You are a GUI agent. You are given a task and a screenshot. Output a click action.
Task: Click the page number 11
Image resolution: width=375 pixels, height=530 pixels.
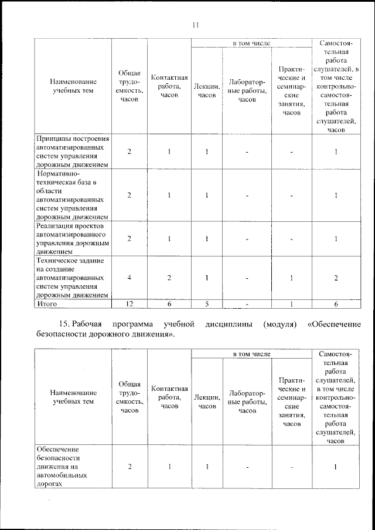[196, 25]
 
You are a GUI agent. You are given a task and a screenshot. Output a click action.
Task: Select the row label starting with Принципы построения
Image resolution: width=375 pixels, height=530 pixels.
[72, 152]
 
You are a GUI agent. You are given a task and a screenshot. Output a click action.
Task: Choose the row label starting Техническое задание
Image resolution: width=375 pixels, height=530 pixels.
[72, 277]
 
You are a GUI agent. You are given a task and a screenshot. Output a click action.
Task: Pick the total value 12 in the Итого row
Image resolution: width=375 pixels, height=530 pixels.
[129, 304]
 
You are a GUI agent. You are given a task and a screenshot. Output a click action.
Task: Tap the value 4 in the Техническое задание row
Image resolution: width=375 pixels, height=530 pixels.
[129, 278]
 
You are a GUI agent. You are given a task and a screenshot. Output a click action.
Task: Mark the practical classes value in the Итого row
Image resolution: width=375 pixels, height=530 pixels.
[291, 304]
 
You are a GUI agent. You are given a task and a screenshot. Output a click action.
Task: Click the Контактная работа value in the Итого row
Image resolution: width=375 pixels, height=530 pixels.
[169, 304]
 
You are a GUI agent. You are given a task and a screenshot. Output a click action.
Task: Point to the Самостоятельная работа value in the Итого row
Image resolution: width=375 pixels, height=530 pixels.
[336, 304]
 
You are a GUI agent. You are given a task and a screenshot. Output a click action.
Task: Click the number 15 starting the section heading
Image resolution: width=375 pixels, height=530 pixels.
[64, 324]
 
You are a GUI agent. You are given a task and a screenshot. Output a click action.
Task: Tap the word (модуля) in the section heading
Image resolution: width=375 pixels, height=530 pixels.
[279, 324]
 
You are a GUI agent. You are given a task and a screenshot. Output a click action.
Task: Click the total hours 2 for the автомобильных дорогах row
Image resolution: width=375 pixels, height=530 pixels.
[129, 467]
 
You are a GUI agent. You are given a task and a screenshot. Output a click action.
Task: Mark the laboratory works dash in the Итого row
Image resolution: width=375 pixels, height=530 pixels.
[247, 305]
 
